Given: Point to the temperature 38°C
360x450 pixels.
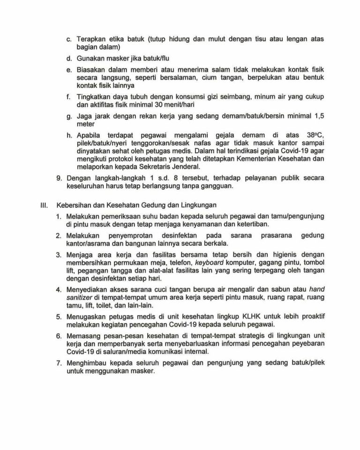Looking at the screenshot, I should point(314,134).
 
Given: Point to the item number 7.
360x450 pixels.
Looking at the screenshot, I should point(59,363).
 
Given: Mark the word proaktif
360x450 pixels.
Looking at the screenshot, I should point(311,317).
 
